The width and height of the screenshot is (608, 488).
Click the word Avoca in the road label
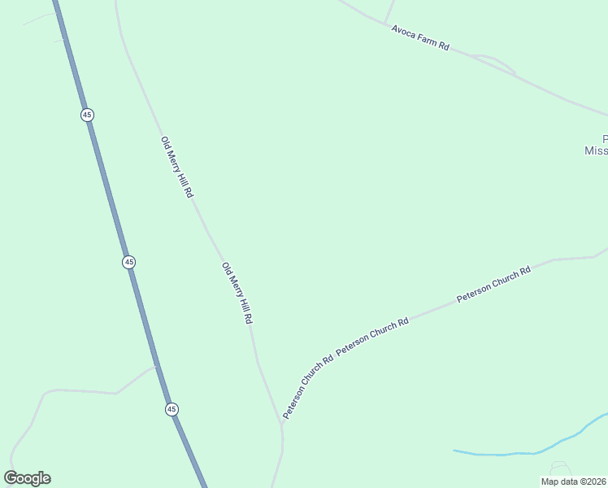pyautogui.click(x=404, y=33)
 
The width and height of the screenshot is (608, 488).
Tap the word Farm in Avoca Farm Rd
pyautogui.click(x=428, y=41)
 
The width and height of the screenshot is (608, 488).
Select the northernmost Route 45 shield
pyautogui.click(x=87, y=115)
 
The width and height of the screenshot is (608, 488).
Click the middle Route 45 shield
pyautogui.click(x=129, y=262)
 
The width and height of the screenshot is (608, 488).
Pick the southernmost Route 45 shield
pyautogui.click(x=172, y=409)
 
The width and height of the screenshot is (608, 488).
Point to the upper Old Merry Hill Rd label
pyautogui.click(x=177, y=168)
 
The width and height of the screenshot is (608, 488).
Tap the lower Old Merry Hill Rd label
pyautogui.click(x=237, y=293)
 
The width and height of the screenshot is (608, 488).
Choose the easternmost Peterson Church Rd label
pyautogui.click(x=493, y=284)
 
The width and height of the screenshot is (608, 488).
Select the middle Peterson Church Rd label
pyautogui.click(x=372, y=334)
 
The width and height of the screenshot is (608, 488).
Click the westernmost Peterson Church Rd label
pyautogui.click(x=308, y=388)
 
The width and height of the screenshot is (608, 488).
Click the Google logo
pyautogui.click(x=27, y=478)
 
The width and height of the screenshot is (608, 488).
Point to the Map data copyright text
pyautogui.click(x=574, y=481)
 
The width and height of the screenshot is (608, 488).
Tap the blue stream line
pyautogui.click(x=520, y=451)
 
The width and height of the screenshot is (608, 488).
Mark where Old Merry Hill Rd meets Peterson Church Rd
pyautogui.click(x=282, y=424)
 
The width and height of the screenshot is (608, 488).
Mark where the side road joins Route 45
pyautogui.click(x=154, y=367)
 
